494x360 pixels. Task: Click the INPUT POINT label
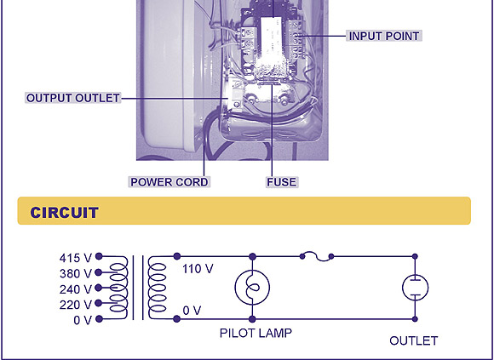pyautogui.click(x=384, y=36)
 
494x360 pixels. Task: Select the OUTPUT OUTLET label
pyautogui.click(x=73, y=98)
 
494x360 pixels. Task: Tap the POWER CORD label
pyautogui.click(x=169, y=182)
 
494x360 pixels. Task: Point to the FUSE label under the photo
pyautogui.click(x=282, y=182)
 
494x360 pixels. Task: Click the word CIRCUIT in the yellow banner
pyautogui.click(x=64, y=213)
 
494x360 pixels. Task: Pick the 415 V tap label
pyautogui.click(x=75, y=258)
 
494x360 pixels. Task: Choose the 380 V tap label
pyautogui.click(x=76, y=273)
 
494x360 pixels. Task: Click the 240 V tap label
pyautogui.click(x=76, y=289)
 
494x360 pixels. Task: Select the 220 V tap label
pyautogui.click(x=76, y=305)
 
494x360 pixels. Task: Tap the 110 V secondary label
pyautogui.click(x=198, y=269)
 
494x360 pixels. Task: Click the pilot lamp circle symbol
pyautogui.click(x=252, y=288)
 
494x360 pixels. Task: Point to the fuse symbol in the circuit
pyautogui.click(x=317, y=256)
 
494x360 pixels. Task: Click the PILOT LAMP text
pyautogui.click(x=256, y=333)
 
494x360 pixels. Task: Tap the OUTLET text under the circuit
pyautogui.click(x=414, y=340)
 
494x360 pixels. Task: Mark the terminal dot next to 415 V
pyautogui.click(x=99, y=256)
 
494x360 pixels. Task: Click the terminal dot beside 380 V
pyautogui.click(x=98, y=271)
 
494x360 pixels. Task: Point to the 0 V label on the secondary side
pyautogui.click(x=192, y=311)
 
